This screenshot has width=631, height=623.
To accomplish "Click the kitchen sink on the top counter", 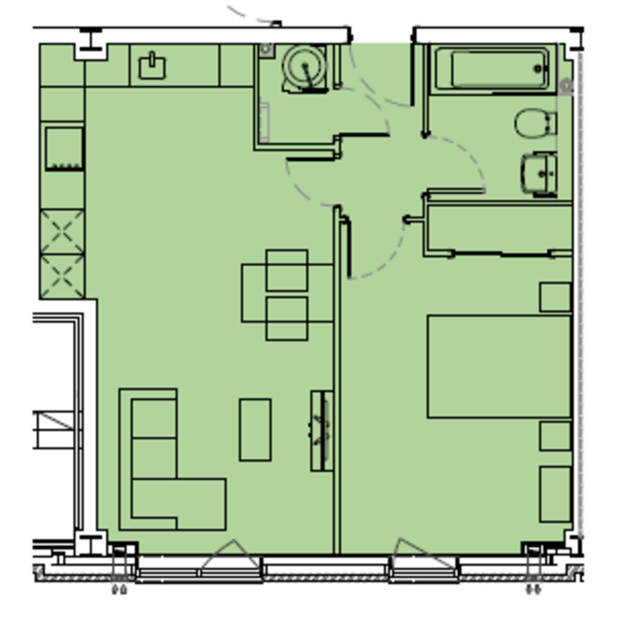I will tap(152, 67).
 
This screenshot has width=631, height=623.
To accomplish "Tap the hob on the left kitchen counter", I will tap(64, 148).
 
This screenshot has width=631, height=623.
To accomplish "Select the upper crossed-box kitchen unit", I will tap(63, 232).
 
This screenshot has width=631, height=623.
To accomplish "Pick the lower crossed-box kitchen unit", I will tap(63, 277).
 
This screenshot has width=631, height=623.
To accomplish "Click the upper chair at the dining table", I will tap(287, 270).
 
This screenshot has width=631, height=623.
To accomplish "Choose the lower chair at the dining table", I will tap(287, 318).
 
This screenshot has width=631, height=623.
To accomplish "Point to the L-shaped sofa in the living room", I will tap(158, 474).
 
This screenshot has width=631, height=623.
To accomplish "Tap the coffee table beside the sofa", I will tap(255, 429).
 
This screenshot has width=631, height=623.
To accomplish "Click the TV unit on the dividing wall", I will tap(321, 430).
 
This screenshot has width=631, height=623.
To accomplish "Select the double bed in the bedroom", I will tap(498, 367).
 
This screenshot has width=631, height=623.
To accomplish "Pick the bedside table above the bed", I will tap(555, 297).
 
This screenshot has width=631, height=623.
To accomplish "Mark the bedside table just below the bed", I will tap(555, 436).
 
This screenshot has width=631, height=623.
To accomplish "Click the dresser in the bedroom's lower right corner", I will tap(555, 494).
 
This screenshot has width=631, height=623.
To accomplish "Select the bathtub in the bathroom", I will tap(493, 69).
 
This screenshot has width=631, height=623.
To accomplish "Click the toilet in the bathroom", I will tap(534, 124).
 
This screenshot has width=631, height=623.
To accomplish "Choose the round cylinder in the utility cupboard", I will tap(304, 67).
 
